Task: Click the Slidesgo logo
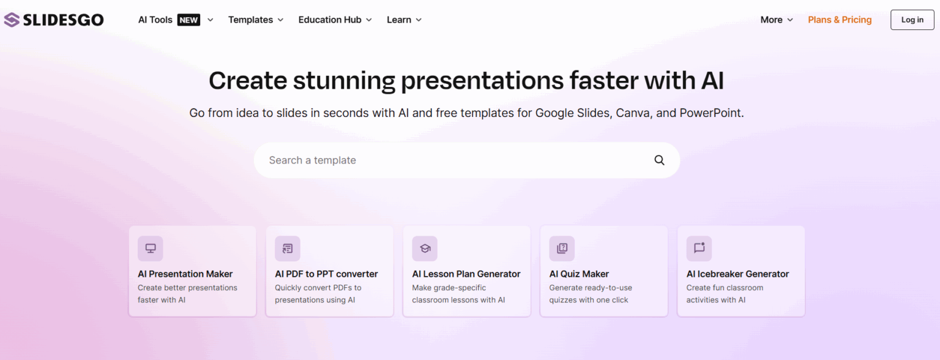coord(54,20)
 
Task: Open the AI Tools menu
coord(155,20)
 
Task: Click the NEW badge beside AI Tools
coord(188,20)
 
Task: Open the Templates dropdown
coord(256,20)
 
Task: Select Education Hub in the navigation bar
coord(335,20)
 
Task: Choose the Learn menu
coord(404,20)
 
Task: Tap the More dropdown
coord(776,20)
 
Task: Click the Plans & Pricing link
coord(840,20)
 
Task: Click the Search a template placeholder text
coord(313,160)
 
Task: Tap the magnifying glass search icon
coord(659,160)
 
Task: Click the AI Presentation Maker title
coord(185,274)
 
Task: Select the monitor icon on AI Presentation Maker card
coord(151,249)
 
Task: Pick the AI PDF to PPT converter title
coord(326,274)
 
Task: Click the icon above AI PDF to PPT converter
coord(288,249)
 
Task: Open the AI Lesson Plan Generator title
coord(466,274)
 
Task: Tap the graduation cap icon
coord(425,249)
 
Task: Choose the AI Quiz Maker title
coord(579,274)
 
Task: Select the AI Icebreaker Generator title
coord(737,274)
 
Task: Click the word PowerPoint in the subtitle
coord(711,113)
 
